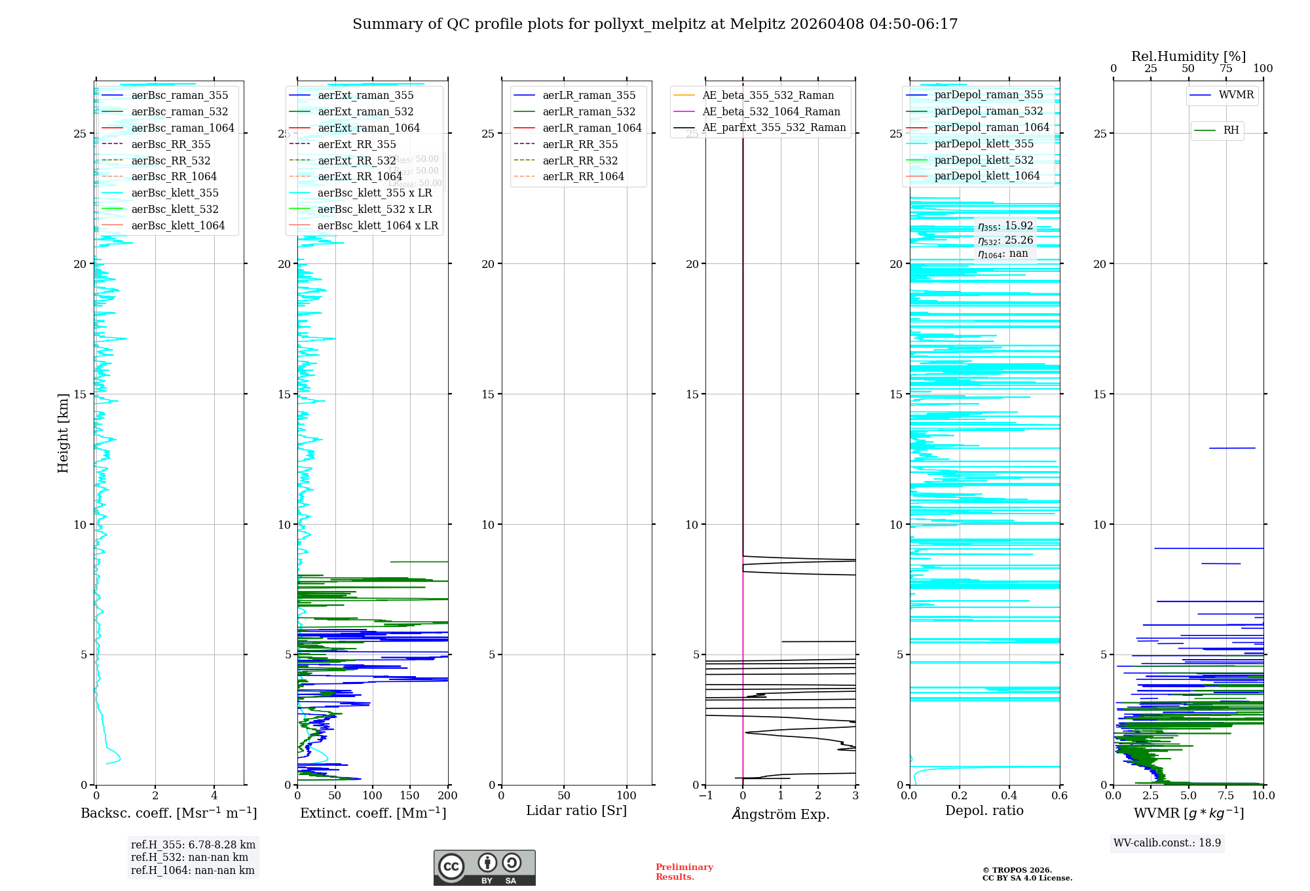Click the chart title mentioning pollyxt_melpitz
coord(655,24)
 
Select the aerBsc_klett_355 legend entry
coord(174,193)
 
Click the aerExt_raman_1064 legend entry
coord(368,128)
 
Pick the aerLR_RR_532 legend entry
coord(580,161)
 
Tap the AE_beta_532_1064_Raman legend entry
coord(771,111)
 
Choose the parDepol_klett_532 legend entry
coord(983,160)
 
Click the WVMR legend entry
coord(1236,95)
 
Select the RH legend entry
coord(1231,130)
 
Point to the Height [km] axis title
coord(63,433)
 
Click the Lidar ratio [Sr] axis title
coord(576,810)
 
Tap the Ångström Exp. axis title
coord(781,814)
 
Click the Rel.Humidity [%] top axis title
coord(1188,56)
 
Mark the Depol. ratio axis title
coord(984,810)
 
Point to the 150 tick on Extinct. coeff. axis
coord(410,795)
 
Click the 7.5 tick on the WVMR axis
coord(1226,795)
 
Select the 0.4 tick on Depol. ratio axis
coord(1009,795)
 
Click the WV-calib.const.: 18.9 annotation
coord(1167,843)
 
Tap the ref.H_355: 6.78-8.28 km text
coord(193,844)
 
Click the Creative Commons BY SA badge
coord(484,867)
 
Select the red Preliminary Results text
coord(684,872)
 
